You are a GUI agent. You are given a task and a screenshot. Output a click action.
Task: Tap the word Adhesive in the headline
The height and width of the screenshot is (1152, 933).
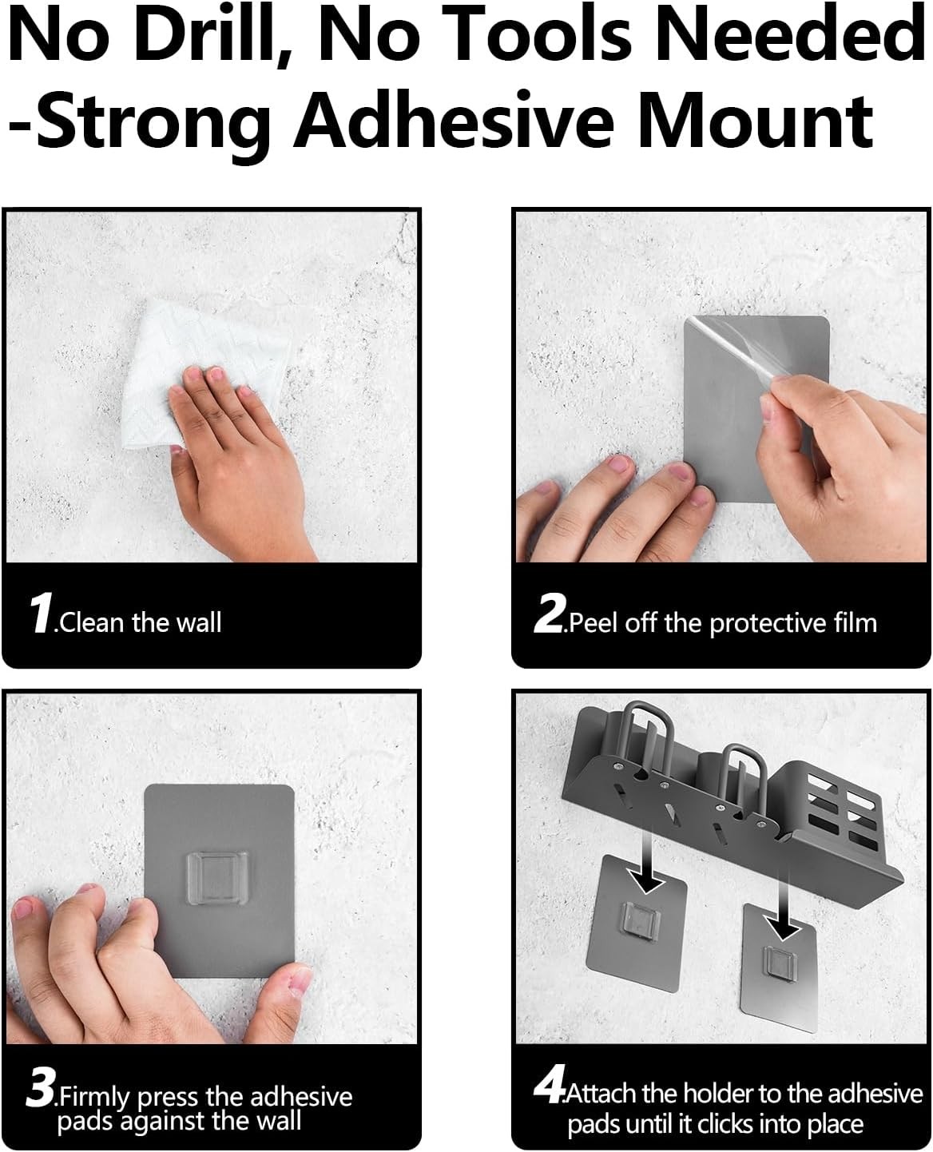[x=454, y=119]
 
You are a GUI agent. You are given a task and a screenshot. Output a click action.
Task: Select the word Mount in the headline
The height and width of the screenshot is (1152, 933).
[x=756, y=120]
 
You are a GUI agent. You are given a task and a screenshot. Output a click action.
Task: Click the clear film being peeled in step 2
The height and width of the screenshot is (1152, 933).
[x=741, y=357]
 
